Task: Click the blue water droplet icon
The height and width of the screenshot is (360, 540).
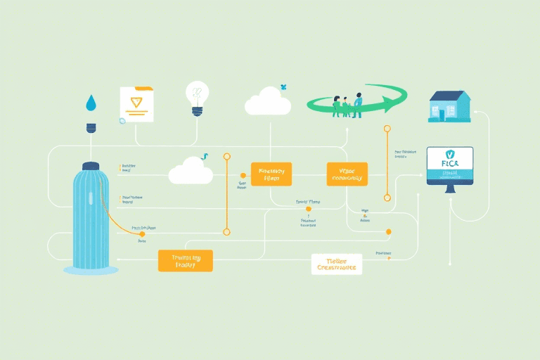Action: pos(90,104)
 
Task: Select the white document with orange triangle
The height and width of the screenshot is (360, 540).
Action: pos(136,105)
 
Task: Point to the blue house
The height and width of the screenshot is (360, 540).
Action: pos(450,107)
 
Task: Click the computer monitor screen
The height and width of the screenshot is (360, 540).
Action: pos(450,165)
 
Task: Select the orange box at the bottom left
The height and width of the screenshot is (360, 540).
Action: pos(185,261)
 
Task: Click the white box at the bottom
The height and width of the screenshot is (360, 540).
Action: pos(336,264)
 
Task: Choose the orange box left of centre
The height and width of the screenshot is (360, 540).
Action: pos(271,174)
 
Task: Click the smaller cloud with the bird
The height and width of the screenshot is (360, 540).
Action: pos(191,171)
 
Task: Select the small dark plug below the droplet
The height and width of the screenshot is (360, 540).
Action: pos(90,128)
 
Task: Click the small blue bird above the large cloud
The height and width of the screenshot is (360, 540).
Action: pos(284,87)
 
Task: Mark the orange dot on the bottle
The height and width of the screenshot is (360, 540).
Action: pos(143,233)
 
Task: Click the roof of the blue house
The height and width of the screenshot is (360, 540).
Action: pos(449,96)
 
